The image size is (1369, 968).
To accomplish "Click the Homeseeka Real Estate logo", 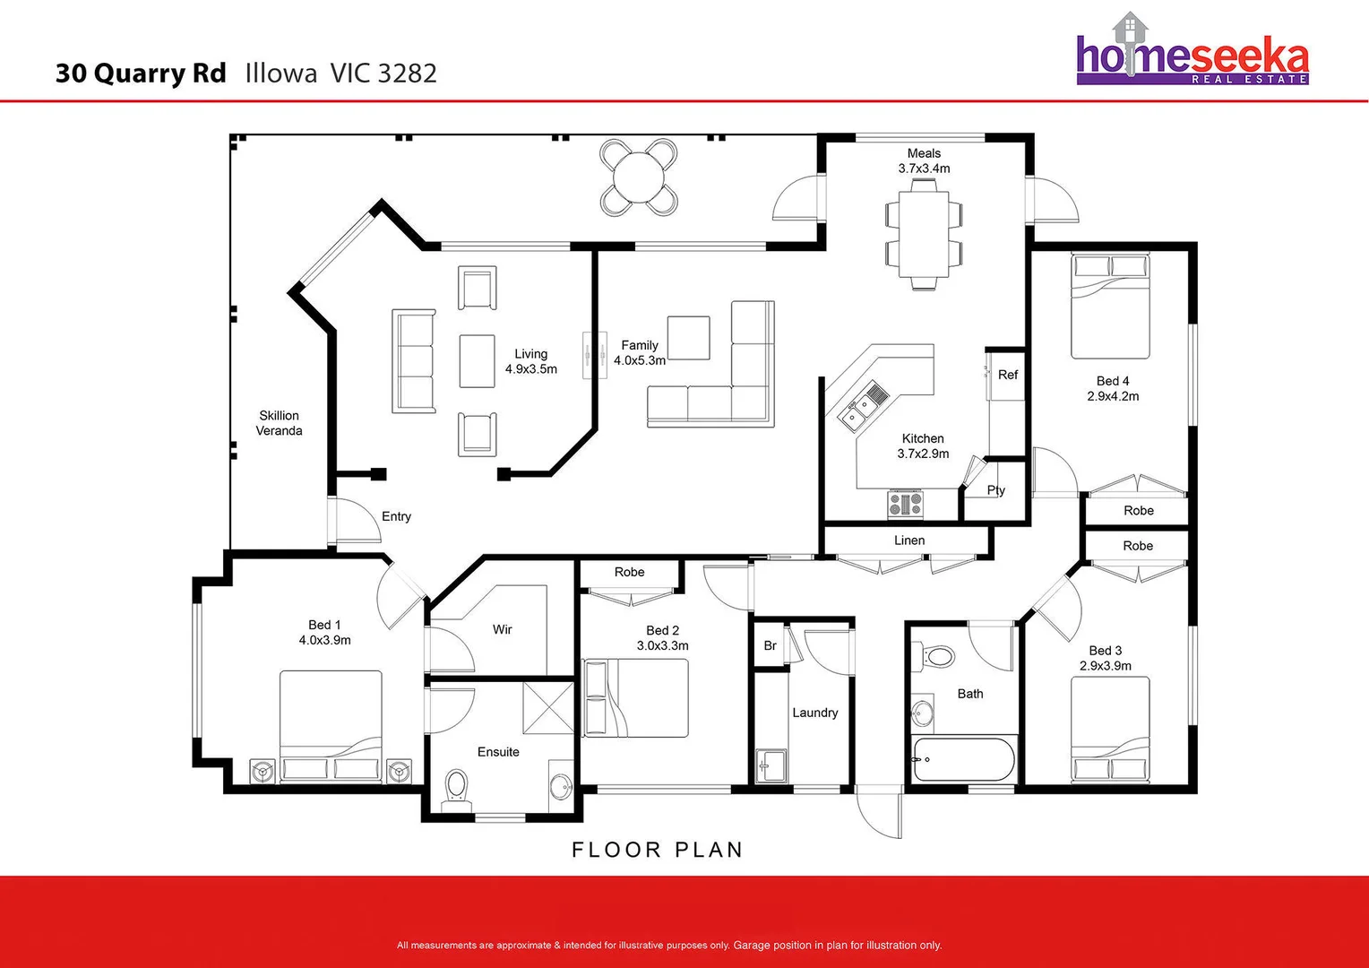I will click(x=1192, y=54).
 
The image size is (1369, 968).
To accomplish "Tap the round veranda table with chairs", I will click(x=638, y=177).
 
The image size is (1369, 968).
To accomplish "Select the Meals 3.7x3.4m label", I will click(x=924, y=161).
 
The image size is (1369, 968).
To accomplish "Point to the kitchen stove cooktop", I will click(x=905, y=504).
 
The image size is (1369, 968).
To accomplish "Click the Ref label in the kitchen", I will click(x=1007, y=375).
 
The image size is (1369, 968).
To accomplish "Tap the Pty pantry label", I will click(x=995, y=490).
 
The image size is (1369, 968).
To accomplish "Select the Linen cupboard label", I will click(x=908, y=540).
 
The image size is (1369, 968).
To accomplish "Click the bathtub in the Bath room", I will click(x=964, y=760).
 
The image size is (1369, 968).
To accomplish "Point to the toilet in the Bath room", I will click(x=936, y=657).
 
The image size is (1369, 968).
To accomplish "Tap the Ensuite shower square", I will click(x=548, y=707).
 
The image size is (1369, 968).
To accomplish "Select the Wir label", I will click(x=502, y=630).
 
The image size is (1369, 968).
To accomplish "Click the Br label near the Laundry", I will click(x=770, y=645).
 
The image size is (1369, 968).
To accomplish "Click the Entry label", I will click(x=396, y=516).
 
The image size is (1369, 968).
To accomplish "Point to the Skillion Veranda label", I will click(x=279, y=423).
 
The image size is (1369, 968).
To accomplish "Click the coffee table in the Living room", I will click(x=477, y=361).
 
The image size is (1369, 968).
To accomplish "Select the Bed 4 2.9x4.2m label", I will click(x=1113, y=388).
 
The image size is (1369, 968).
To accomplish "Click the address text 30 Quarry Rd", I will click(x=141, y=73).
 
